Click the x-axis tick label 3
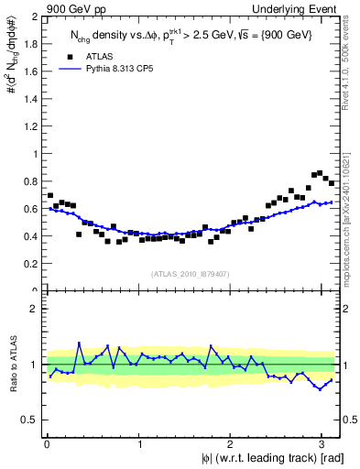[x=321, y=443]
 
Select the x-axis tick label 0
[x=47, y=443]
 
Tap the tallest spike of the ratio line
[x=80, y=344]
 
